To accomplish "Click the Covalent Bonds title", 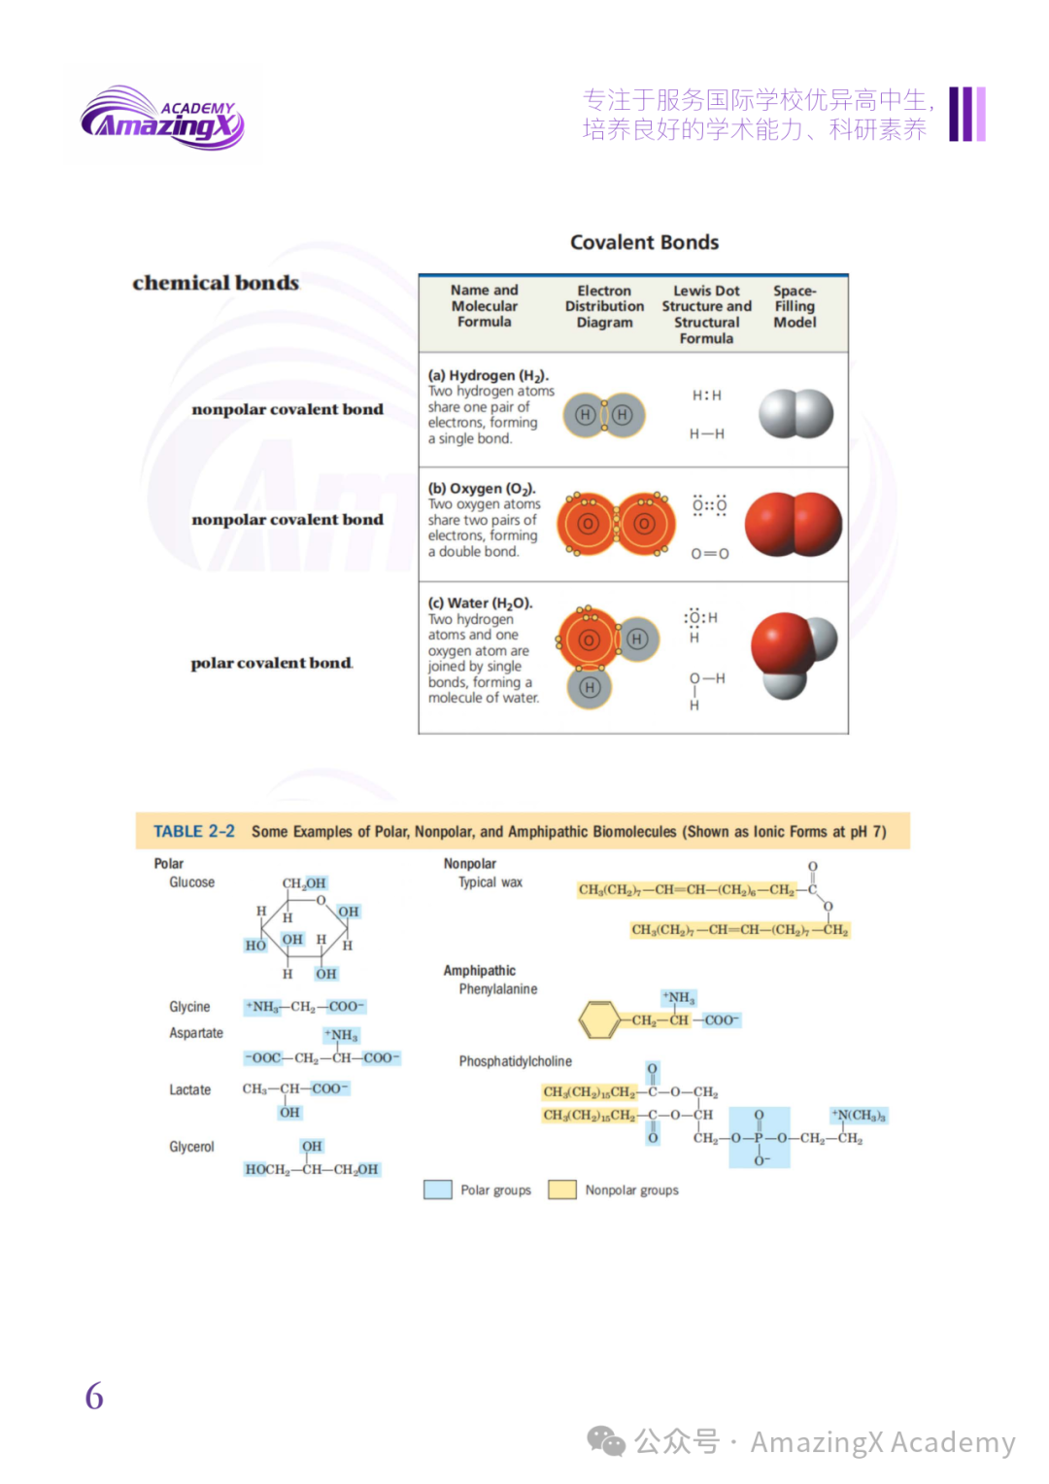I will pyautogui.click(x=644, y=242).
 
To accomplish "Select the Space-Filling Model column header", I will pyautogui.click(x=795, y=306).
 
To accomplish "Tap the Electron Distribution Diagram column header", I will pyautogui.click(x=604, y=306).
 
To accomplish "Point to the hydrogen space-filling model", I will pyautogui.click(x=795, y=414).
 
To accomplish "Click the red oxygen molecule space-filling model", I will pyautogui.click(x=793, y=525).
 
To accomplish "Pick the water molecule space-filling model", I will pyautogui.click(x=793, y=654).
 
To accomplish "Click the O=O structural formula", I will pyautogui.click(x=709, y=554).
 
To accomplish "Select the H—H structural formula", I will pyautogui.click(x=706, y=434).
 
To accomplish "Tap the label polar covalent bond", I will pyautogui.click(x=271, y=663).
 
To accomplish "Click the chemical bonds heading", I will pyautogui.click(x=216, y=283).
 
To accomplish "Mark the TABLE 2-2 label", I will pyautogui.click(x=194, y=832).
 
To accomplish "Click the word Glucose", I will pyautogui.click(x=191, y=882).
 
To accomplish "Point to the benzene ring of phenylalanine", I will pyautogui.click(x=598, y=1019).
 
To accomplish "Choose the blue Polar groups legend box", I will pyautogui.click(x=437, y=1190).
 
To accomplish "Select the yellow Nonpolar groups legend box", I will pyautogui.click(x=562, y=1190).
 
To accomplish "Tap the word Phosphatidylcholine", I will pyautogui.click(x=515, y=1061).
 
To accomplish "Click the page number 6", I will pyautogui.click(x=94, y=1397).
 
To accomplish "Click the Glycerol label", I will pyautogui.click(x=191, y=1147).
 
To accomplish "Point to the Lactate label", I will pyautogui.click(x=189, y=1089).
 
